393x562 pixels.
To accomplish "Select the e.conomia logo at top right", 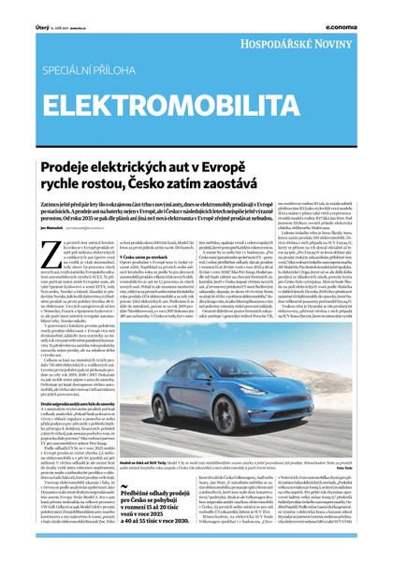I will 359,5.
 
